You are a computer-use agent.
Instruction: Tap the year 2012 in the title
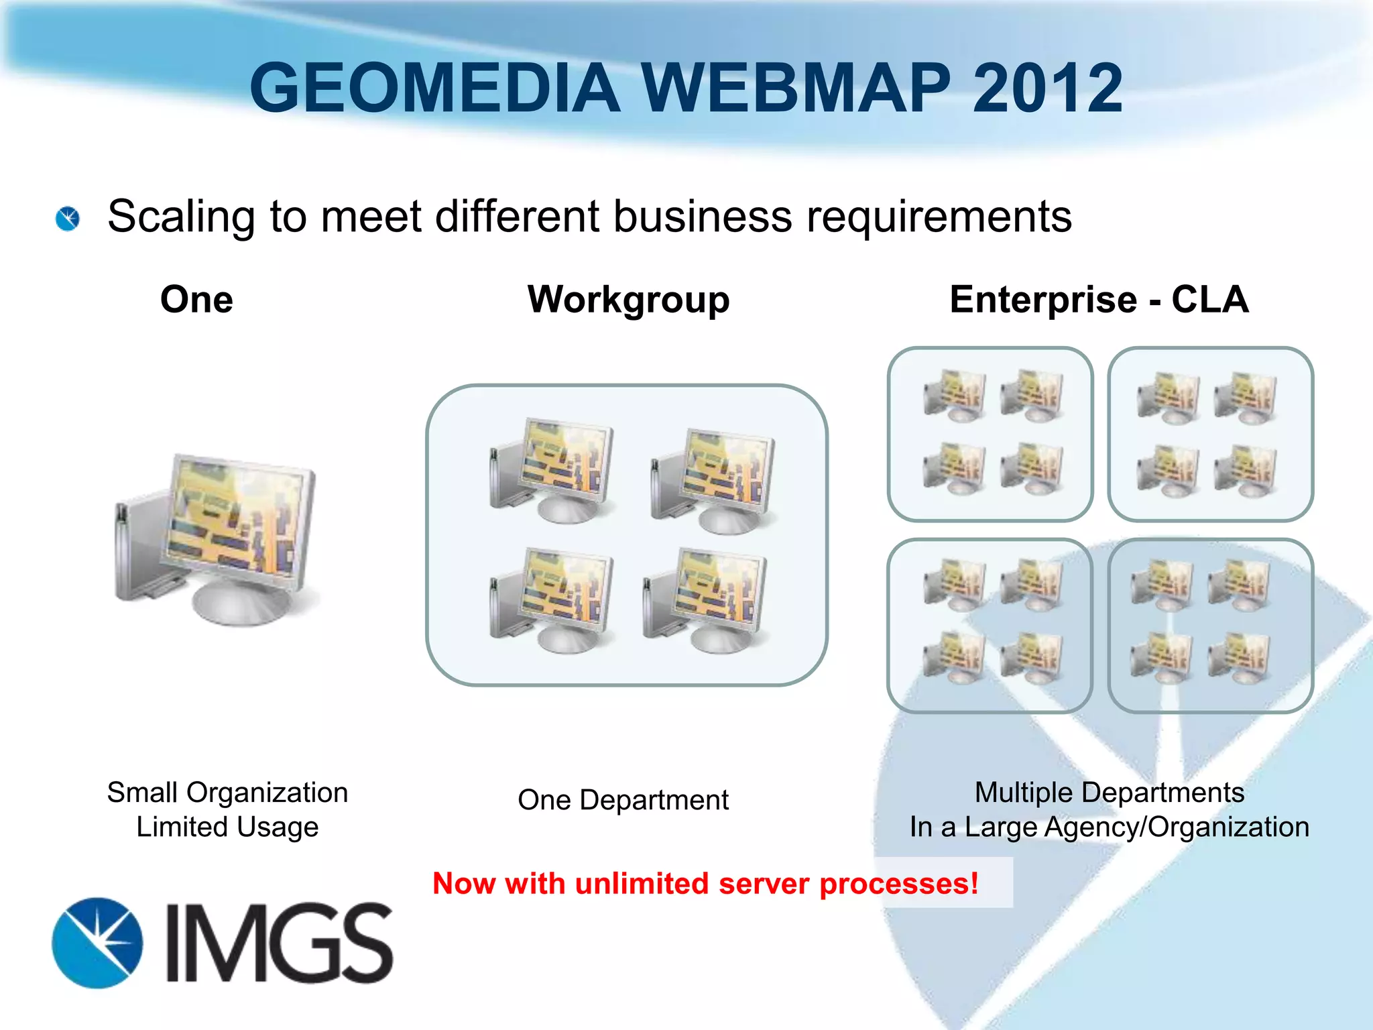(x=1047, y=88)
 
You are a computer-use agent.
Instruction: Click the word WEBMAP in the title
(x=796, y=88)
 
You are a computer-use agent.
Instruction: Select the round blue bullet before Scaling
(x=68, y=219)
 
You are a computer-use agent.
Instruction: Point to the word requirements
(x=939, y=217)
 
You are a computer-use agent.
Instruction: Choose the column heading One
(x=196, y=299)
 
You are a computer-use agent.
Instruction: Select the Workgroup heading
(x=628, y=300)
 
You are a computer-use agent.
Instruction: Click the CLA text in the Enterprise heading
(x=1209, y=299)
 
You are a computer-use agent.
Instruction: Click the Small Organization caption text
(x=227, y=793)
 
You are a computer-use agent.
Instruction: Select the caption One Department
(x=623, y=800)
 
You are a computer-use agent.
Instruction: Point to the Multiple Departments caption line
(x=1109, y=793)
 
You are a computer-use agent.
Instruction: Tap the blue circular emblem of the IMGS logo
(x=98, y=943)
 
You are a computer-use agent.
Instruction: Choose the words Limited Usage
(x=227, y=827)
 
